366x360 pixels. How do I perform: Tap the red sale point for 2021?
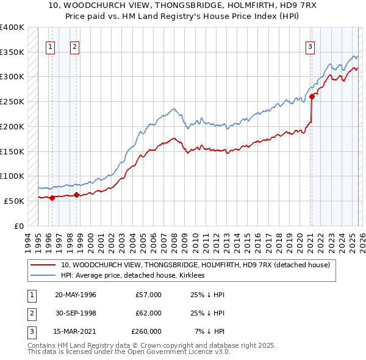coord(312,96)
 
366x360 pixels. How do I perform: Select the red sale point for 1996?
coord(52,197)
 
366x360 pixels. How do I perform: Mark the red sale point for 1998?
coord(77,195)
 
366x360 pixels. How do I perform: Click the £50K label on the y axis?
coord(15,201)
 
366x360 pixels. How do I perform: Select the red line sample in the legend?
coord(43,265)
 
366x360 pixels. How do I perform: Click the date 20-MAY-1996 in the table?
coord(75,295)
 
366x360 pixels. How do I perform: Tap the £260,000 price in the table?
coord(146,331)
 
